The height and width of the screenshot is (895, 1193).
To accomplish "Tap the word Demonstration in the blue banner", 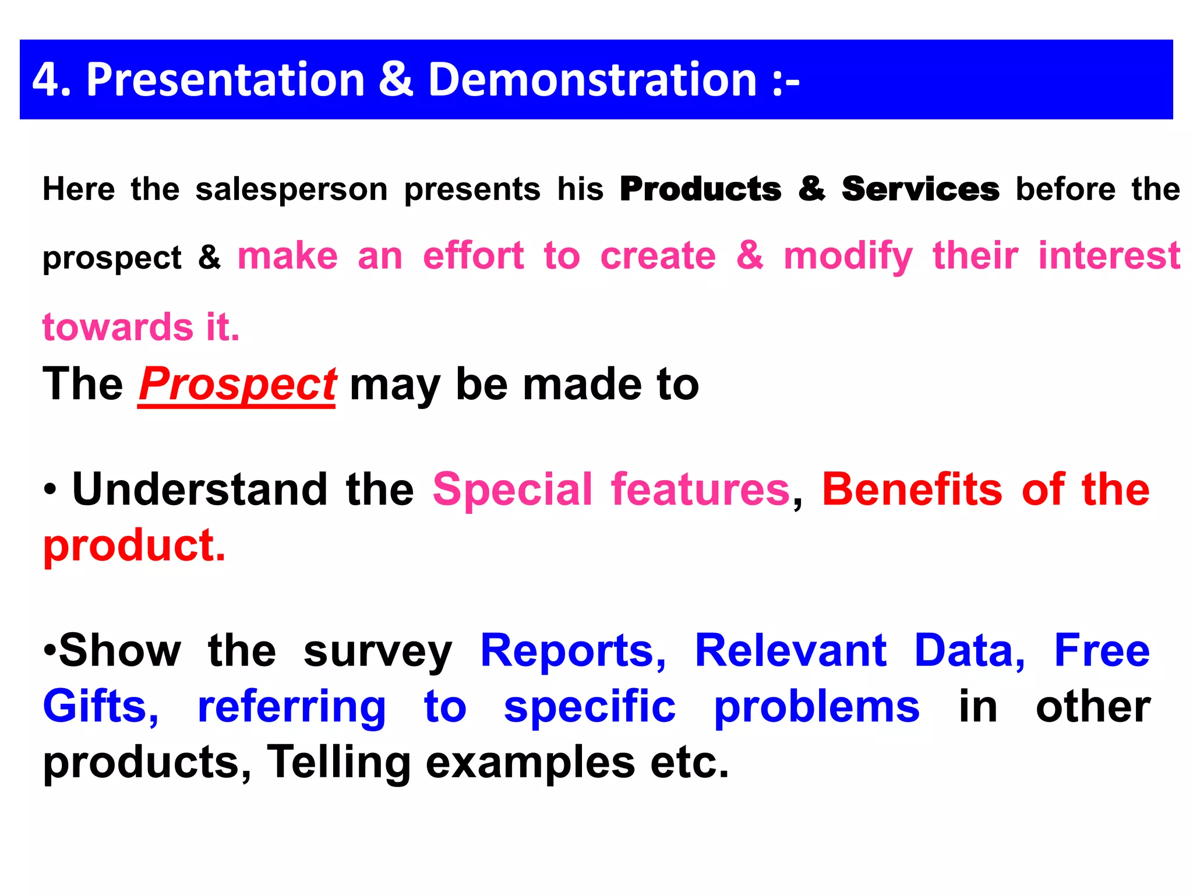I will (592, 79).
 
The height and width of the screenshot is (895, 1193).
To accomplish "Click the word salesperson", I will (291, 189).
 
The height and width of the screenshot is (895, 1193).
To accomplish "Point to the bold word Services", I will (920, 189).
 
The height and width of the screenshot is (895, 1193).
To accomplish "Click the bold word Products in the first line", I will (700, 189).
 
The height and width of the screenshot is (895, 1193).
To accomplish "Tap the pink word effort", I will (473, 256).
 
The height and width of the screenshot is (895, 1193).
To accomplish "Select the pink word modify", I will (848, 257).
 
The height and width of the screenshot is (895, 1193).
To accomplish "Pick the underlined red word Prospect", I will (237, 385).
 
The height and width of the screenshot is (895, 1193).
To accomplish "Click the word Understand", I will (200, 489).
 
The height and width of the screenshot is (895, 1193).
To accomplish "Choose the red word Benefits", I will (912, 489).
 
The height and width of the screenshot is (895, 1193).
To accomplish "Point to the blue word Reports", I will (573, 650).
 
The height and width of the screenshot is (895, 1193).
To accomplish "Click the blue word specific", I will (590, 707).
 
